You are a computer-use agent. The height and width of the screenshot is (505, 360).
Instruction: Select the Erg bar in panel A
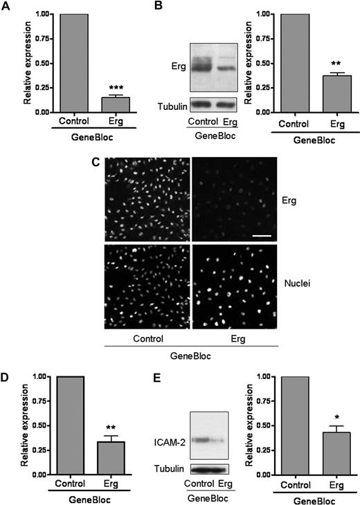[x=106, y=104]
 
